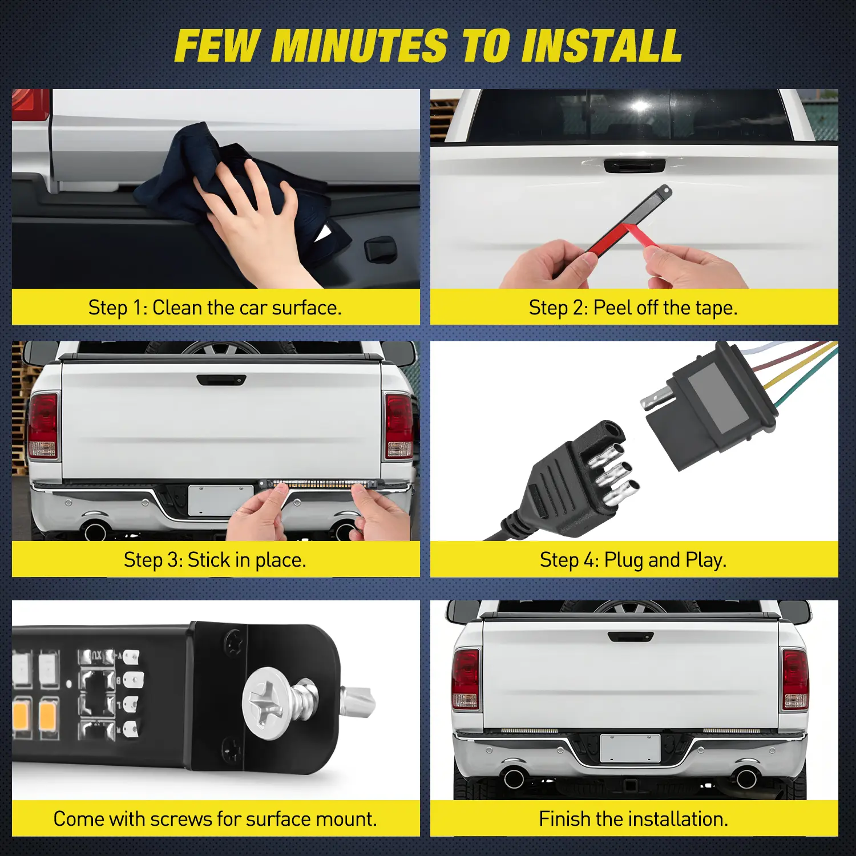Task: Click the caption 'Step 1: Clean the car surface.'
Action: click(x=215, y=308)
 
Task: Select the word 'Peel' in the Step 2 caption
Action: click(x=612, y=308)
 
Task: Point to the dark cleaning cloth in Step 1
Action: click(x=240, y=188)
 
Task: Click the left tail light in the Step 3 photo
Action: click(x=43, y=426)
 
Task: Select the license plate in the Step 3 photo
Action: click(x=220, y=500)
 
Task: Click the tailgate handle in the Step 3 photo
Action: click(x=221, y=379)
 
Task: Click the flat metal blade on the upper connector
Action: click(x=656, y=397)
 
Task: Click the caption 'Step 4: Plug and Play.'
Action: click(x=633, y=560)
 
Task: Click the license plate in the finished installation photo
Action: click(x=630, y=748)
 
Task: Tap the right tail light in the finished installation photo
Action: click(x=795, y=680)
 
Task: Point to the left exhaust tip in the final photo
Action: click(x=514, y=777)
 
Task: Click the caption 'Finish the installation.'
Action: click(x=633, y=819)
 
